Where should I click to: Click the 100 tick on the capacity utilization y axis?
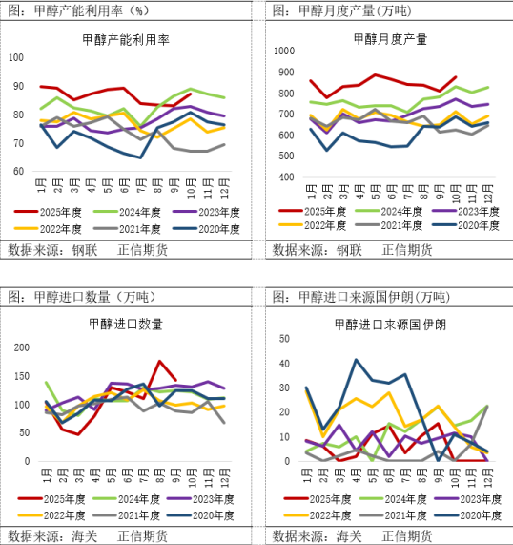[16, 57]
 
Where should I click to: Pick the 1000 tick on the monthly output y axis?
[282, 48]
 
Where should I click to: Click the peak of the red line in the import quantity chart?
[160, 361]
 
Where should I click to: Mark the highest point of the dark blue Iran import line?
[357, 360]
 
